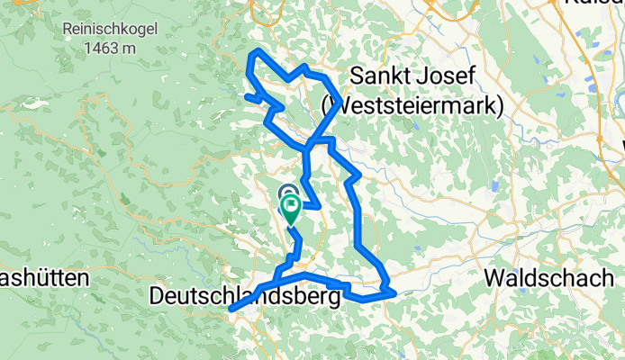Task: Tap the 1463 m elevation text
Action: pos(111,49)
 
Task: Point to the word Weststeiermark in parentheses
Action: pos(412,105)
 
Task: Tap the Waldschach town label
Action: pos(548,277)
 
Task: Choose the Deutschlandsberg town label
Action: pos(246,295)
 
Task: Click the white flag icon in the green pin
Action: pos(293,207)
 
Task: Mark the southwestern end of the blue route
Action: pos(231,310)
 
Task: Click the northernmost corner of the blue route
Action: pos(259,50)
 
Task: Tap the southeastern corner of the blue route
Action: pos(394,292)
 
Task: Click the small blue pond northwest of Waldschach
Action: pos(494,189)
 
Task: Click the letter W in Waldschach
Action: pos(494,277)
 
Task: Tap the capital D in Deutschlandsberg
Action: pos(158,295)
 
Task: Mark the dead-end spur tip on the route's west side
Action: pos(246,94)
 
